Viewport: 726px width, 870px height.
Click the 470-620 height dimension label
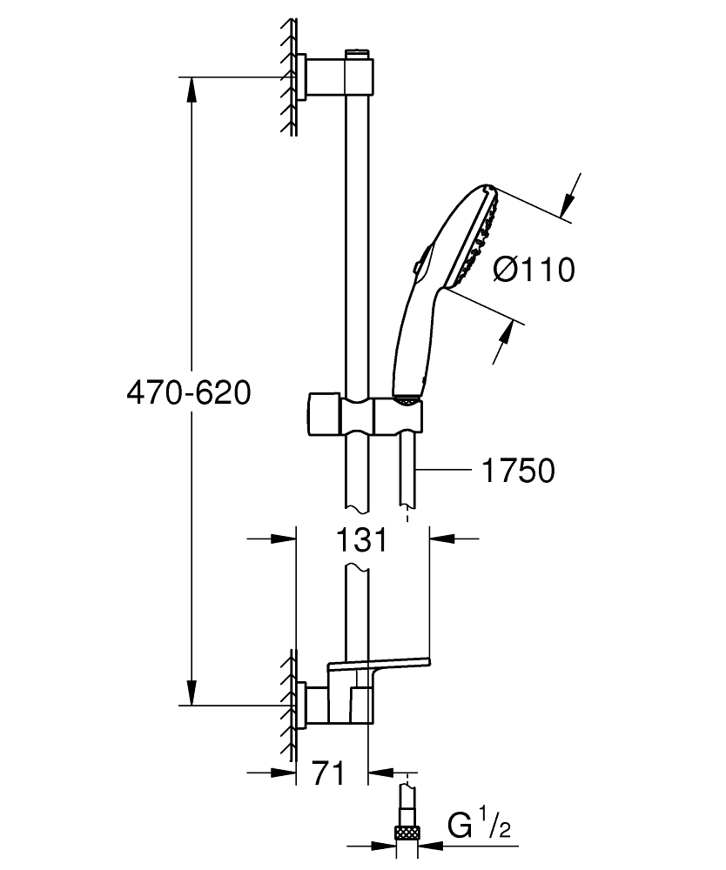tap(188, 393)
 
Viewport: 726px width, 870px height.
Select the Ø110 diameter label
tap(534, 270)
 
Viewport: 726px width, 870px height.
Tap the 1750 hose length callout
tap(517, 471)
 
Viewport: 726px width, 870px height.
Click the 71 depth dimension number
tap(328, 772)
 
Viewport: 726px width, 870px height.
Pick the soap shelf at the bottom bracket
tap(379, 666)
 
